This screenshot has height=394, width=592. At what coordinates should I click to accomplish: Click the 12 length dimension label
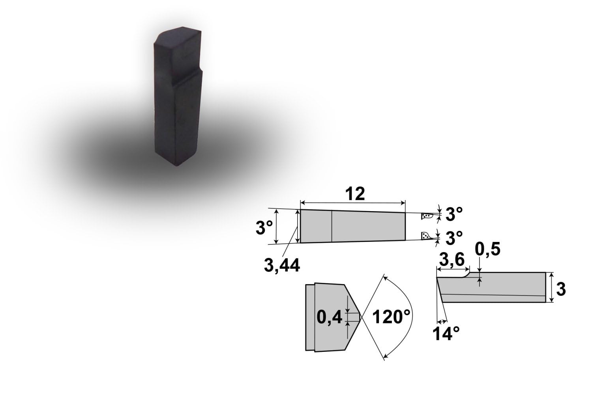[x=355, y=194]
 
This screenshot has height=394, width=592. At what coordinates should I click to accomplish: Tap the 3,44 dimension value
[x=282, y=265]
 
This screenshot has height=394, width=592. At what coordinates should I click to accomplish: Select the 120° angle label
[x=391, y=317]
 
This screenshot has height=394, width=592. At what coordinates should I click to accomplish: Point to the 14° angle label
[x=446, y=334]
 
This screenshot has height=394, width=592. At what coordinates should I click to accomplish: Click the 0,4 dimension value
[x=329, y=317]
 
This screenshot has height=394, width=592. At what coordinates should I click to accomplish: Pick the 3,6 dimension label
[x=451, y=260]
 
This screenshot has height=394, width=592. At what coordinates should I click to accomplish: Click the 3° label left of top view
[x=264, y=227]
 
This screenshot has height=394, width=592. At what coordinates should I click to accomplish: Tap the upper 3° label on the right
[x=454, y=214]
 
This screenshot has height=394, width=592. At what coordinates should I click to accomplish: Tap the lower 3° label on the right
[x=454, y=238]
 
